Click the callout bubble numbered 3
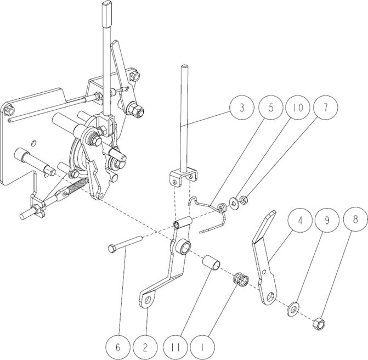pyautogui.click(x=242, y=108)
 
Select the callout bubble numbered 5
pyautogui.click(x=271, y=108)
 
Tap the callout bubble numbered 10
pyautogui.click(x=298, y=108)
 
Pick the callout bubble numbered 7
pyautogui.click(x=325, y=108)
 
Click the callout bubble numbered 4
pyautogui.click(x=300, y=221)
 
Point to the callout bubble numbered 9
pyautogui.click(x=327, y=221)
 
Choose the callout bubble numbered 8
pyautogui.click(x=355, y=220)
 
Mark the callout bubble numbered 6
pyautogui.click(x=118, y=347)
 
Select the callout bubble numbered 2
pyautogui.click(x=145, y=347)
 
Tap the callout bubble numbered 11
pyautogui.click(x=175, y=347)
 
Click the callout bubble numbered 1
pyautogui.click(x=202, y=347)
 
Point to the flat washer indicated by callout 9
pyautogui.click(x=293, y=310)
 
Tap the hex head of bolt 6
pyautogui.click(x=112, y=249)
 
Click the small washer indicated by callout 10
pyautogui.click(x=234, y=202)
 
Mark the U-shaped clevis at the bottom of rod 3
pyautogui.click(x=183, y=177)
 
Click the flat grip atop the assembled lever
pyautogui.click(x=107, y=15)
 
